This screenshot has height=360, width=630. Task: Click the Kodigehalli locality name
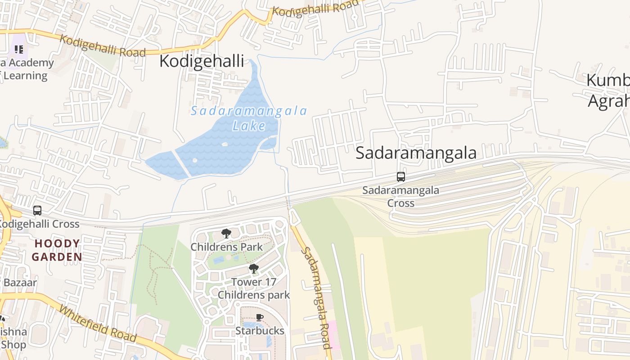(202, 61)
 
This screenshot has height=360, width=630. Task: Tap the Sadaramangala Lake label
(249, 118)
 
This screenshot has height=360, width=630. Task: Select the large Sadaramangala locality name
(416, 153)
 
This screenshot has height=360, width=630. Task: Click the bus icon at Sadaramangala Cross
(400, 177)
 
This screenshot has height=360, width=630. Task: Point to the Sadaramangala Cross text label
(400, 196)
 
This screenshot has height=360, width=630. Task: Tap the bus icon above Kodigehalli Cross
(37, 210)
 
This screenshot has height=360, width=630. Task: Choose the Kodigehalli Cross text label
(39, 224)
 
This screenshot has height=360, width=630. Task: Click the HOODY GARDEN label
(57, 250)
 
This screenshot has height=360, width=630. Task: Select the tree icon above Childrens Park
(226, 234)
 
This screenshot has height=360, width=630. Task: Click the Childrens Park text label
(226, 247)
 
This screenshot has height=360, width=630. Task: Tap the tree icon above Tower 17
(254, 269)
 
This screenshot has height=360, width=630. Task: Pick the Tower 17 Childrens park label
(254, 288)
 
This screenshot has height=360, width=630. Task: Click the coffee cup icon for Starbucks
(260, 317)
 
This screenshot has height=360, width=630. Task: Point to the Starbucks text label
(260, 331)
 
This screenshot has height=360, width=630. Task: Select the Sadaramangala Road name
(315, 297)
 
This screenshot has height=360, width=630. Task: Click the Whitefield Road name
(98, 324)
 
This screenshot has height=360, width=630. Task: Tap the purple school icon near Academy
(18, 49)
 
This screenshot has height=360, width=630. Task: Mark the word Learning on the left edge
(25, 76)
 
